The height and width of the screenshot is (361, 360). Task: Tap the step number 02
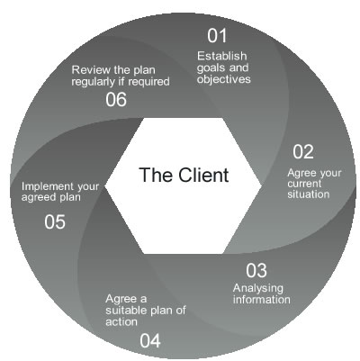[x=303, y=150]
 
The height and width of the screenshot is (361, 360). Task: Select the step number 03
[x=256, y=269]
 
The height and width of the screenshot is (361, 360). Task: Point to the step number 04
[x=150, y=339]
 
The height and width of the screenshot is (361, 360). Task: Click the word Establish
[x=220, y=57]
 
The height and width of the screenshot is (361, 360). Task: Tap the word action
[x=121, y=323]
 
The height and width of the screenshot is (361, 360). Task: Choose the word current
[x=307, y=182]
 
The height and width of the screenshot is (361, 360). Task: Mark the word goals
[x=211, y=68]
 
